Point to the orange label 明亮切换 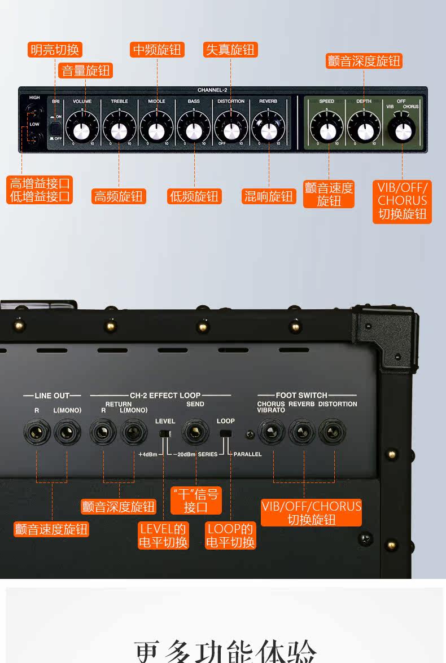pyautogui.click(x=55, y=50)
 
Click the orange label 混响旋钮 pyautogui.click(x=269, y=196)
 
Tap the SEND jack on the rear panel pyautogui.click(x=195, y=433)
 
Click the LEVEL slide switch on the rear pyautogui.click(x=164, y=434)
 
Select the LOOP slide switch pyautogui.click(x=226, y=434)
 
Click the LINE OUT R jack pyautogui.click(x=37, y=433)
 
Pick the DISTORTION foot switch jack pyautogui.click(x=331, y=433)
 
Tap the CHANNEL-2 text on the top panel pyautogui.click(x=212, y=90)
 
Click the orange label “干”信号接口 pyautogui.click(x=195, y=500)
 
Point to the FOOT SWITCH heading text pyautogui.click(x=301, y=395)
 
